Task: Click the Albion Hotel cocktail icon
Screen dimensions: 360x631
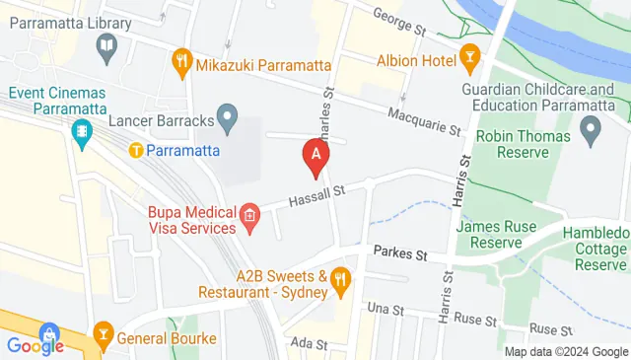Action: (x=468, y=61)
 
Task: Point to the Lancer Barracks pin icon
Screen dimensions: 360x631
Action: (x=229, y=120)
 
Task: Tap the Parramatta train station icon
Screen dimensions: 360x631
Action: (x=136, y=151)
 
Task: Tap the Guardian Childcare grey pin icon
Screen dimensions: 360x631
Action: (x=591, y=128)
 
